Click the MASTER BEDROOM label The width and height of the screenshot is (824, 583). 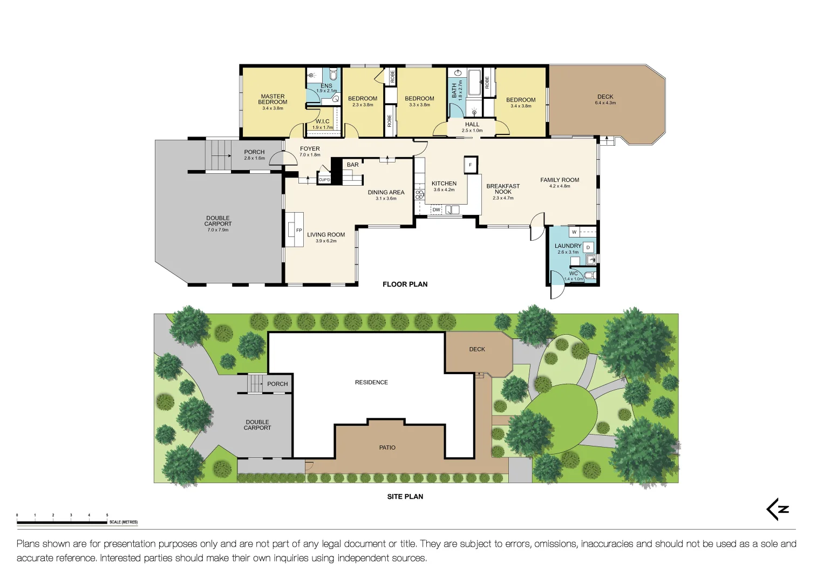(273, 99)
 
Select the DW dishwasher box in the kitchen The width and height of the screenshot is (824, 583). (436, 209)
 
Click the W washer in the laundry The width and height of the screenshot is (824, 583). (574, 232)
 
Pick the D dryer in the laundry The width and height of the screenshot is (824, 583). (588, 247)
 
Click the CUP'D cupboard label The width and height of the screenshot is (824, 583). (324, 180)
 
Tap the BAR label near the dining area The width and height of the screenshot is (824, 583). (353, 165)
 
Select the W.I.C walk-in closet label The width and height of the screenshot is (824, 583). (323, 121)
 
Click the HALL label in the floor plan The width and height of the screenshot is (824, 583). (472, 125)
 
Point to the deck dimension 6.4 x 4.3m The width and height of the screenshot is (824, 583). (605, 103)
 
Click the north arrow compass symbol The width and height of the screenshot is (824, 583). (778, 509)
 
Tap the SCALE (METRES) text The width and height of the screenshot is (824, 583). (124, 522)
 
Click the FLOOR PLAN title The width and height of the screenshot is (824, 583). (405, 284)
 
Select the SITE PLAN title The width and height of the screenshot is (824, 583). (405, 496)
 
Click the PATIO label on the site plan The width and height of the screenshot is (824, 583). (387, 448)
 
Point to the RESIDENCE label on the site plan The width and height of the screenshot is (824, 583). (371, 382)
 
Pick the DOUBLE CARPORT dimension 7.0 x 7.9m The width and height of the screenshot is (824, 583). (217, 230)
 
